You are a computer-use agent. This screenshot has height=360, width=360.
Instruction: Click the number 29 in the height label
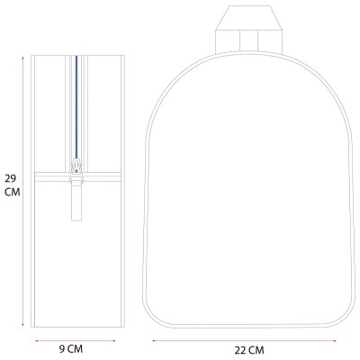pos(10,179)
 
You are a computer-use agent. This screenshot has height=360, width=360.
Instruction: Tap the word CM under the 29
pos(13,192)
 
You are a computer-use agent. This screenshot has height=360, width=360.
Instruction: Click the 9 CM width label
pos(71,349)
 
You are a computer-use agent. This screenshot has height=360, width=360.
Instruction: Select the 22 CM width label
pos(249,350)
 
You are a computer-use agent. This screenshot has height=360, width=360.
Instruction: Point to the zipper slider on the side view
pos(76,166)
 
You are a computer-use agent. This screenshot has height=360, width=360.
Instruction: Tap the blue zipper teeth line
pos(76,108)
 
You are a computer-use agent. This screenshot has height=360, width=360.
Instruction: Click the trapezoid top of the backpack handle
pos(248,18)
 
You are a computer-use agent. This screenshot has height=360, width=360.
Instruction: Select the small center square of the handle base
pos(248,40)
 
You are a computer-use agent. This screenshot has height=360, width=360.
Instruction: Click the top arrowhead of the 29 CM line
pos(22,58)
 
